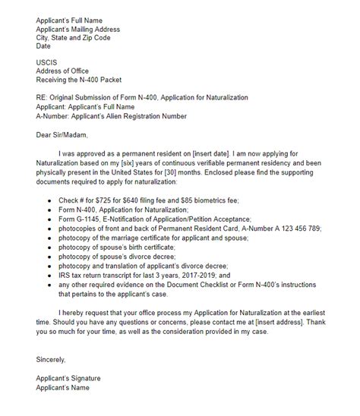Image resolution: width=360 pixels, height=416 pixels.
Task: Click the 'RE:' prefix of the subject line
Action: (43, 97)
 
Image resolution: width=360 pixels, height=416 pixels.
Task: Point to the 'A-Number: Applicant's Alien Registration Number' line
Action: (111, 116)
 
